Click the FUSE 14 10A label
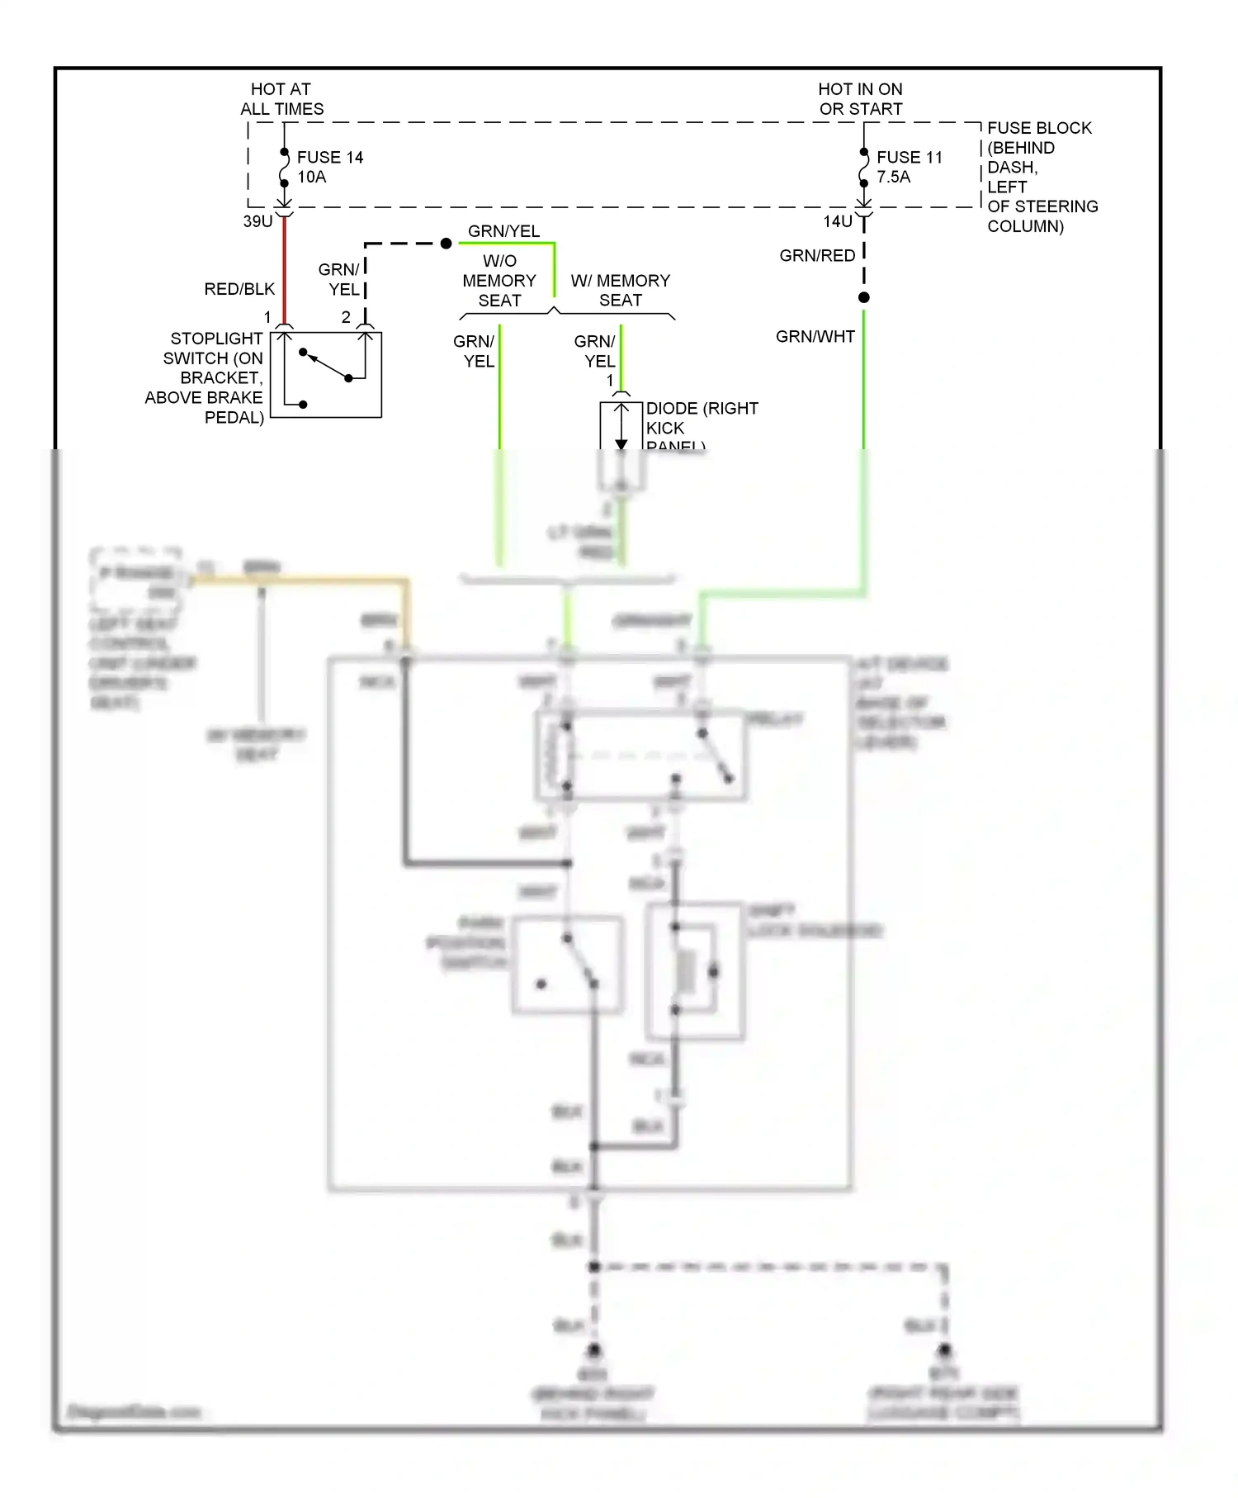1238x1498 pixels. (329, 167)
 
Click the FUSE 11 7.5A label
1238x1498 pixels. (909, 167)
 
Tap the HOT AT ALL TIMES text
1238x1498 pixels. (281, 99)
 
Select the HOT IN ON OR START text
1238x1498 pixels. (860, 99)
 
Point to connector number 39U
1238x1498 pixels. (258, 221)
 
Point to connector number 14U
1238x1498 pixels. (838, 221)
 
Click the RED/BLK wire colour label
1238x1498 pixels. (239, 289)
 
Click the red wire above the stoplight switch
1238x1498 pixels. (285, 273)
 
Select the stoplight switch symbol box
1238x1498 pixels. (326, 374)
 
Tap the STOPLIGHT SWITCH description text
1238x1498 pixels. (206, 377)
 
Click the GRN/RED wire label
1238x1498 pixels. (817, 256)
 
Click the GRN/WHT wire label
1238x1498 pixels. (815, 336)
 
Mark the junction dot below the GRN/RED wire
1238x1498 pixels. (863, 297)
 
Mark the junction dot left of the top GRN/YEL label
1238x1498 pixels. (446, 244)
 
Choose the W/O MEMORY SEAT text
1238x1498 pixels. (499, 281)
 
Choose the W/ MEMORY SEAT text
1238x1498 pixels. (621, 290)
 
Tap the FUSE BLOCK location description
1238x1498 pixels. (1042, 177)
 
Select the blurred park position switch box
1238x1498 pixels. (567, 965)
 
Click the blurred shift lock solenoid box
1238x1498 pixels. (695, 970)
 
